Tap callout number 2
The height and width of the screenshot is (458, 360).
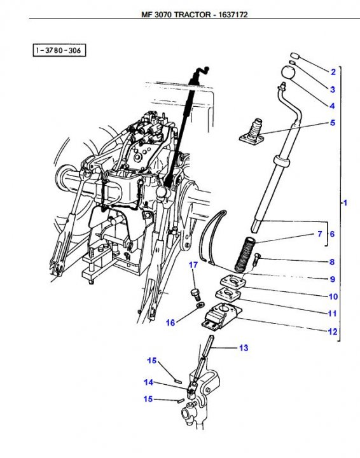(x=332, y=71)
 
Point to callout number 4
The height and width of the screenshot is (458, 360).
(x=332, y=105)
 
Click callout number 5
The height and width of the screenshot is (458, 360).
(x=332, y=122)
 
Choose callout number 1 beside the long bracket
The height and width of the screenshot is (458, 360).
(x=345, y=203)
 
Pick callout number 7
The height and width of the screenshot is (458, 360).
(x=319, y=234)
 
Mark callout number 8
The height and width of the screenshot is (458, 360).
(x=332, y=261)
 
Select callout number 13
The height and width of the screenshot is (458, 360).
(x=244, y=348)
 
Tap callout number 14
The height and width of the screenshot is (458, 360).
(x=148, y=382)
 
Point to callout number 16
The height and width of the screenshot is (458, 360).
(x=170, y=323)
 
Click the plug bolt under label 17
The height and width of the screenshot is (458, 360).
(x=196, y=293)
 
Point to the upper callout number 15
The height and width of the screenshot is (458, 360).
(x=152, y=361)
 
